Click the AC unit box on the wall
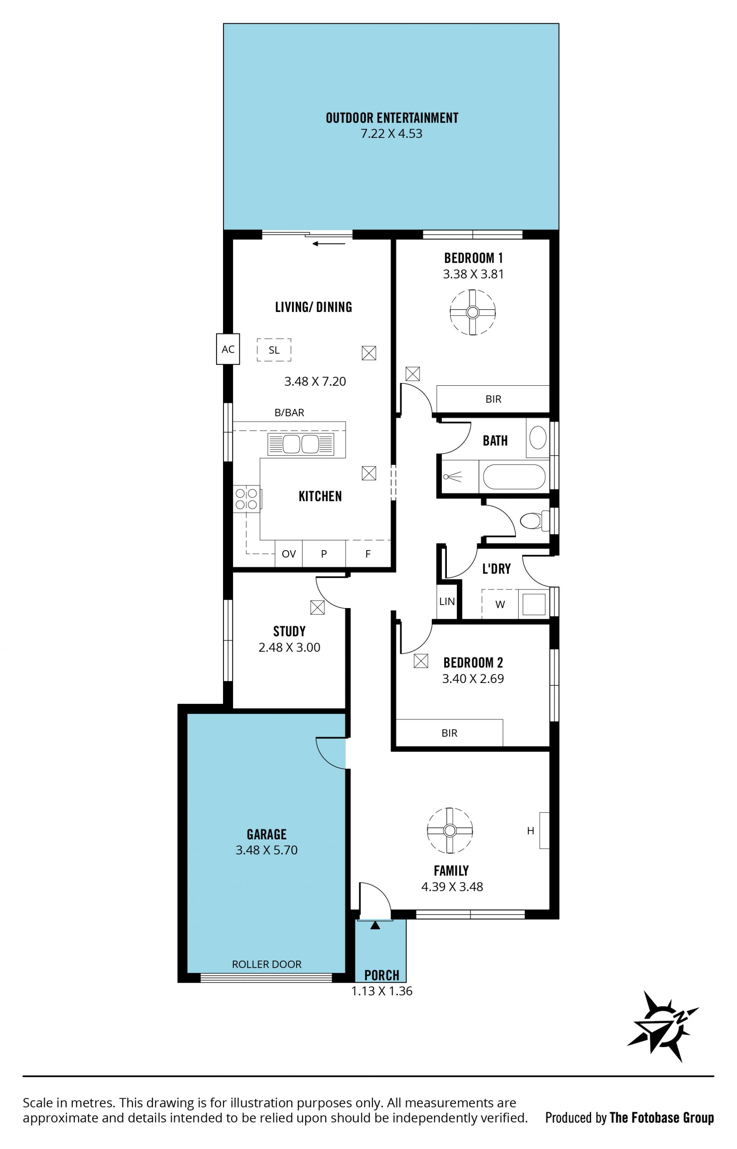tap(228, 349)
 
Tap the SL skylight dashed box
tap(274, 350)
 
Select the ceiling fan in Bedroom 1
tap(473, 312)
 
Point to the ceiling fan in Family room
tap(449, 830)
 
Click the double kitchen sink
tap(301, 444)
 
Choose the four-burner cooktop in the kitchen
tap(246, 499)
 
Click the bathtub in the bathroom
tap(514, 477)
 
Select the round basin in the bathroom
tap(538, 437)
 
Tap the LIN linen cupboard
tap(447, 601)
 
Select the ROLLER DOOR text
tap(266, 964)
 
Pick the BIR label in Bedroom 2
tap(449, 733)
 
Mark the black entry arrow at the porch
tap(375, 925)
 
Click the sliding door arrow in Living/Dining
tap(329, 244)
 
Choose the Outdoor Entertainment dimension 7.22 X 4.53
tap(392, 133)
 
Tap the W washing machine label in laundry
tap(500, 604)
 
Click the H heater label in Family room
tap(530, 831)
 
